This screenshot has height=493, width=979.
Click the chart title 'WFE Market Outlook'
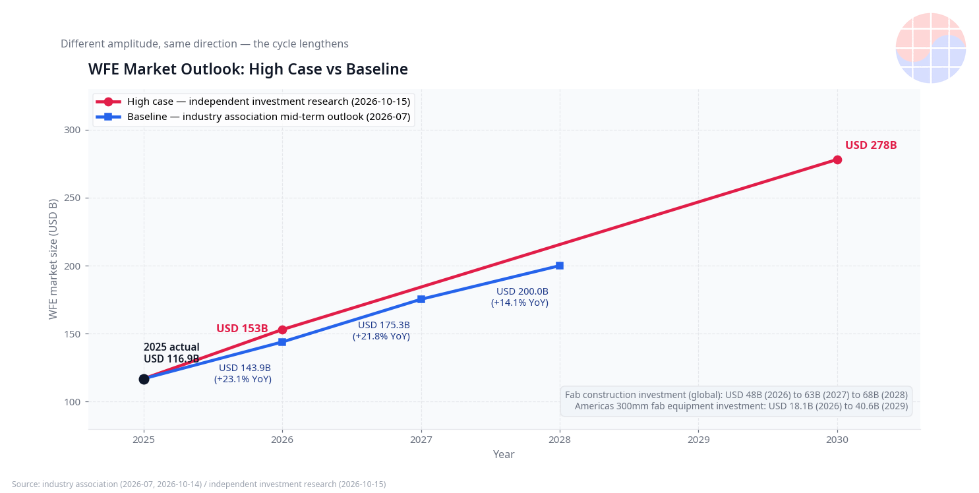pyautogui.click(x=248, y=69)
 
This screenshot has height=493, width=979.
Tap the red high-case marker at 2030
pyautogui.click(x=837, y=160)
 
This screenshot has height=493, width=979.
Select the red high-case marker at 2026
pyautogui.click(x=282, y=330)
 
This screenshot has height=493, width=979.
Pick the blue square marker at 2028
pyautogui.click(x=560, y=266)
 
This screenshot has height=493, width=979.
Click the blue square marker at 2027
pyautogui.click(x=421, y=299)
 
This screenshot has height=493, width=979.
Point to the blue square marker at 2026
pyautogui.click(x=282, y=342)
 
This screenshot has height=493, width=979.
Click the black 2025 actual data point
pyautogui.click(x=144, y=379)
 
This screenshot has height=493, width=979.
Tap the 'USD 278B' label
pyautogui.click(x=871, y=145)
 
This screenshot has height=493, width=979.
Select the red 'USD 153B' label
pyautogui.click(x=242, y=328)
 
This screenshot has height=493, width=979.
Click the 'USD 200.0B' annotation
pyautogui.click(x=522, y=291)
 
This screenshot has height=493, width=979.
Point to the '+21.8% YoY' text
pyautogui.click(x=381, y=337)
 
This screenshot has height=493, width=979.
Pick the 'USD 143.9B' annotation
pyautogui.click(x=245, y=368)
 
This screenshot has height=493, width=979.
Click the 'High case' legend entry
pyautogui.click(x=253, y=102)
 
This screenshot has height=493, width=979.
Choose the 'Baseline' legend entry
pyautogui.click(x=253, y=117)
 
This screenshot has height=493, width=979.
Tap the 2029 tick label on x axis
pyautogui.click(x=698, y=440)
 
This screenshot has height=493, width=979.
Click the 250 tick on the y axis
pyautogui.click(x=72, y=198)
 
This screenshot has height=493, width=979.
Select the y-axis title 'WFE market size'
pyautogui.click(x=53, y=259)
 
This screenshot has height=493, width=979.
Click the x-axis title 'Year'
pyautogui.click(x=504, y=455)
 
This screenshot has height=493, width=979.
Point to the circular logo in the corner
pyautogui.click(x=930, y=48)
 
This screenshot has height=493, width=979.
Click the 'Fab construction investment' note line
pyautogui.click(x=736, y=395)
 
